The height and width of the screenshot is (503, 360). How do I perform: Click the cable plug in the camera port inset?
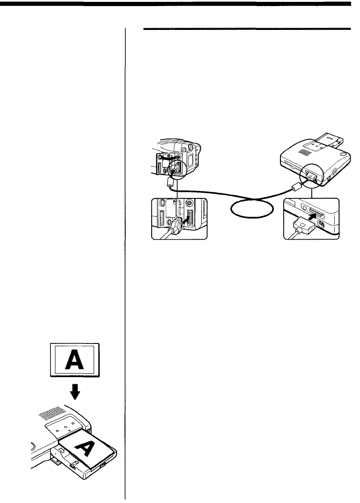pyautogui.click(x=174, y=225)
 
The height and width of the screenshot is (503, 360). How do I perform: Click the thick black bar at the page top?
pyautogui.click(x=180, y=4)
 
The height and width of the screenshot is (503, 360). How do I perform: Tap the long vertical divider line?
pyautogui.click(x=125, y=262)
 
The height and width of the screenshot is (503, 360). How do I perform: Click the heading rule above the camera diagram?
pyautogui.click(x=247, y=29)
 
